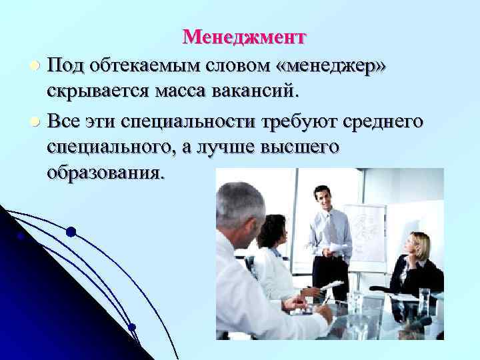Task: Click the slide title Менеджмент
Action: [244, 36]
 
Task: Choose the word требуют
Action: [298, 122]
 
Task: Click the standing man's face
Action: [323, 199]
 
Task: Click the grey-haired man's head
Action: [239, 207]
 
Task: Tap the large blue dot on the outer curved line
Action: [71, 232]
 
